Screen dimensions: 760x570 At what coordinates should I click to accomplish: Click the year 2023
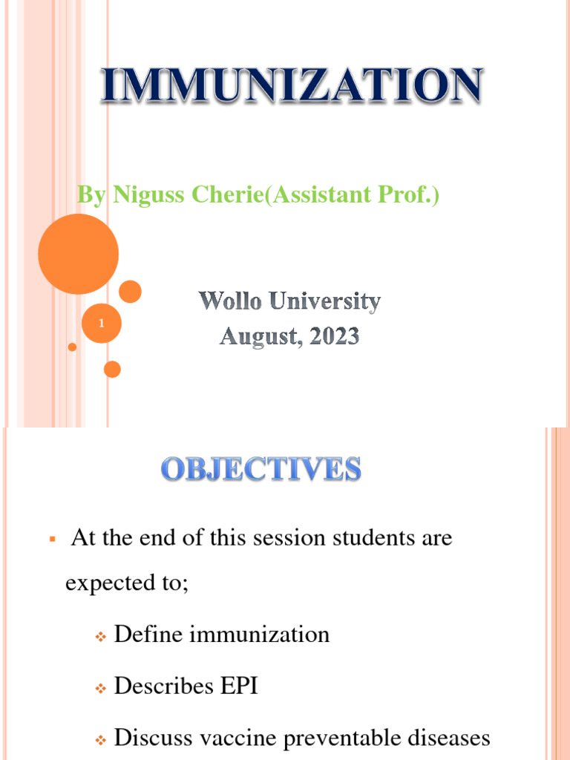pos(330,338)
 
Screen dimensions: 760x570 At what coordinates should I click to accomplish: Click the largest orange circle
pos(78,254)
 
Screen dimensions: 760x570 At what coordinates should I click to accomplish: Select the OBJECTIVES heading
pos(261,470)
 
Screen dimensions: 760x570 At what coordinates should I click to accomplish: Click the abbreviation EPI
pos(238,686)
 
